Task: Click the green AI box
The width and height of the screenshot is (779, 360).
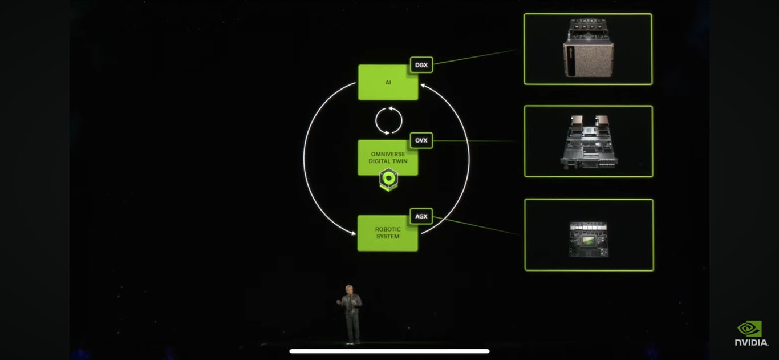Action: click(x=388, y=83)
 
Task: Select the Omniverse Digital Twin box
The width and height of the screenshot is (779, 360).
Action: click(x=388, y=157)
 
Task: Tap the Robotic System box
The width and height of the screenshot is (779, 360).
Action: click(x=388, y=233)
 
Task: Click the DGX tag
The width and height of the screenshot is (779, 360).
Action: click(x=421, y=65)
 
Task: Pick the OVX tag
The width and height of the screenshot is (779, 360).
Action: click(x=421, y=140)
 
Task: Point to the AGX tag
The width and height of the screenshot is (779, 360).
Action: click(x=421, y=216)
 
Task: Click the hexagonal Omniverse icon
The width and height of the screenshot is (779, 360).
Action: click(x=388, y=179)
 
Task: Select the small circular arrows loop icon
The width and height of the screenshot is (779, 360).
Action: click(x=388, y=120)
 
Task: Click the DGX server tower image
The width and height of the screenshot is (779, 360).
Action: click(x=588, y=48)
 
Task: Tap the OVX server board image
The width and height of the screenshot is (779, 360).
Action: click(x=589, y=141)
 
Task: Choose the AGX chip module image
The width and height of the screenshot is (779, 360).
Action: click(x=589, y=239)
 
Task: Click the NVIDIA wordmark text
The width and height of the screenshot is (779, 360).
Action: click(x=751, y=342)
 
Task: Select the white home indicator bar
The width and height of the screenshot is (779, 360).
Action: click(x=389, y=351)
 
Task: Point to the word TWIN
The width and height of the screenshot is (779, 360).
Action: click(x=399, y=161)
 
